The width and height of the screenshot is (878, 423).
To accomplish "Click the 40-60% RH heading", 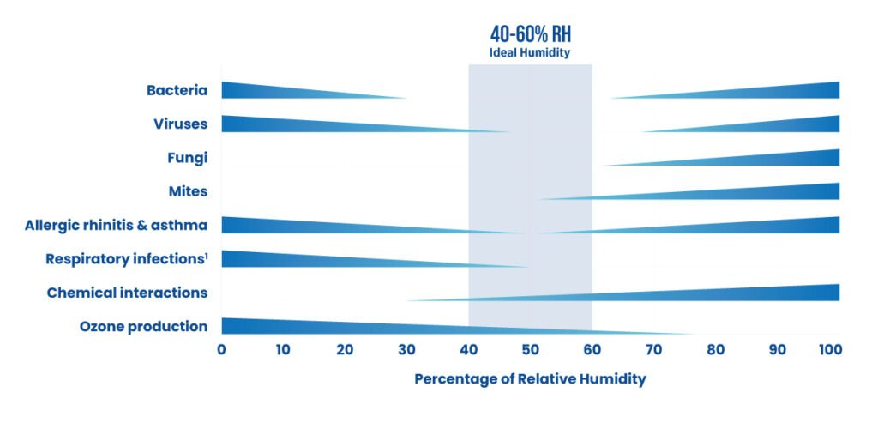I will click(x=530, y=34).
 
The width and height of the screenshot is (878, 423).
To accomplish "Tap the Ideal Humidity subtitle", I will click(x=530, y=53).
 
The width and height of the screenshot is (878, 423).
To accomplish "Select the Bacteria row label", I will click(x=177, y=90).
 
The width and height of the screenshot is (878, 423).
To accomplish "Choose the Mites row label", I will click(x=188, y=190).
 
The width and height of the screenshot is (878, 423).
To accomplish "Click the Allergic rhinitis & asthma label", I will click(x=117, y=225).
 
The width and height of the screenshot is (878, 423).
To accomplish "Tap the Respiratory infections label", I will click(x=127, y=258).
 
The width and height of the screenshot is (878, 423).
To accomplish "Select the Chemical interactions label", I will click(x=127, y=293).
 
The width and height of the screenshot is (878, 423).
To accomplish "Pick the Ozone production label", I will click(x=143, y=326).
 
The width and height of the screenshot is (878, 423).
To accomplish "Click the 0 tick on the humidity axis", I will click(x=221, y=349).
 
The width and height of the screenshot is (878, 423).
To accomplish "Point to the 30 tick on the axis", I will click(x=406, y=349).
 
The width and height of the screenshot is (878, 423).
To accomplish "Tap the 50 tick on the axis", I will click(x=530, y=349).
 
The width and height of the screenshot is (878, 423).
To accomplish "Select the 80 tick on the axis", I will click(x=715, y=349).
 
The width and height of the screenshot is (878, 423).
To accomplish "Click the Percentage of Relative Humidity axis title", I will click(x=530, y=378).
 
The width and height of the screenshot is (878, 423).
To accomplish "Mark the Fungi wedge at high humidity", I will click(x=772, y=159).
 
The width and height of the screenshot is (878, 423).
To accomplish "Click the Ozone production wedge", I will click(x=343, y=327).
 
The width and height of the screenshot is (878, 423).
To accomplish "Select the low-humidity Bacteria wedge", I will click(x=274, y=90).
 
